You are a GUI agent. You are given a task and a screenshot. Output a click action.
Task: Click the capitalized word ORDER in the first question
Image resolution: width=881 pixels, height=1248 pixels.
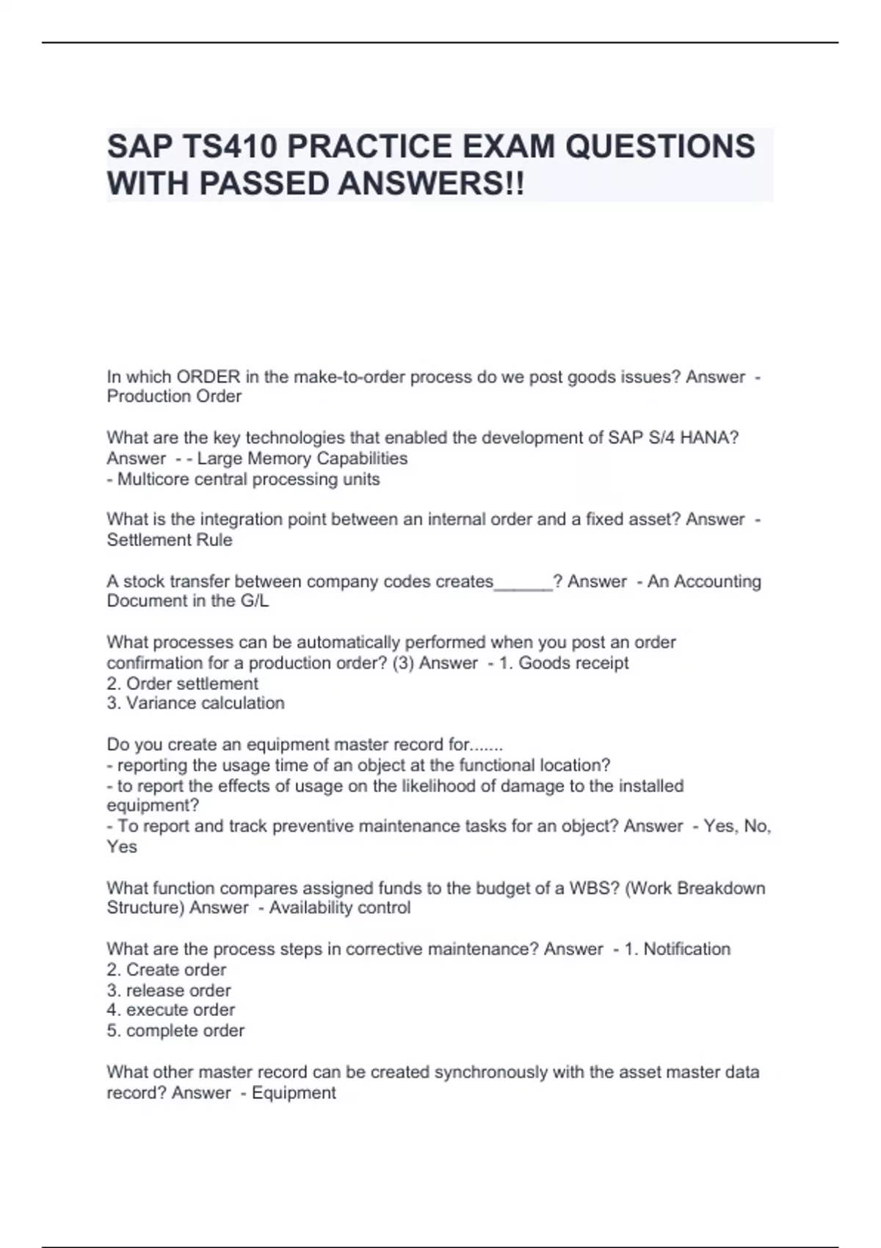(208, 377)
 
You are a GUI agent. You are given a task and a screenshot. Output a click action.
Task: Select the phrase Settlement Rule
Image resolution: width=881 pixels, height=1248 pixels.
(170, 540)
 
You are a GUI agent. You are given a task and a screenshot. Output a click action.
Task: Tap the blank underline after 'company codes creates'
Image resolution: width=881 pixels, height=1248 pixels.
(523, 582)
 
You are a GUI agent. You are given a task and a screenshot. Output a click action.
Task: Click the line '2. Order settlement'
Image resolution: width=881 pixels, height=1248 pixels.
(182, 683)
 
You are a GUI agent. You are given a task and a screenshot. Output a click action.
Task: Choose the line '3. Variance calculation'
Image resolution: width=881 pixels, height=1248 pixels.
(195, 703)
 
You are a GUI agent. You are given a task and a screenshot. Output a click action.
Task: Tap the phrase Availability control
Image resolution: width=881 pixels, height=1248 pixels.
(340, 907)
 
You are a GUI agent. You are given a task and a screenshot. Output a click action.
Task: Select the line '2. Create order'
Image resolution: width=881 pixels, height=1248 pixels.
(167, 970)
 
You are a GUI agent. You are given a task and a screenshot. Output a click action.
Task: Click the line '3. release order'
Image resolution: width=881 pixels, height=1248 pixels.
(169, 990)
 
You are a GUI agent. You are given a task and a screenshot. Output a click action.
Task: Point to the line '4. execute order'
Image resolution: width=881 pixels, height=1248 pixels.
(171, 1010)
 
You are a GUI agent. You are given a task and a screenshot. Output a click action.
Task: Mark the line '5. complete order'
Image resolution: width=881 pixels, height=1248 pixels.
(175, 1031)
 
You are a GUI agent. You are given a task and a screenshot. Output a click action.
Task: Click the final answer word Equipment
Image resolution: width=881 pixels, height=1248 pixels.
(294, 1092)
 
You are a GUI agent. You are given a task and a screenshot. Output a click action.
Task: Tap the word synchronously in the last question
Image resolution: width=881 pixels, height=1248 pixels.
(491, 1073)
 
